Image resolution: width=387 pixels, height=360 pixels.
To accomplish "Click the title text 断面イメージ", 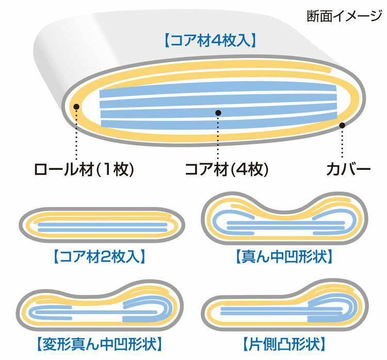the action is pos(344,16).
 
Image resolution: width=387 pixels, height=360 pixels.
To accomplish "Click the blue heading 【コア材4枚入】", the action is pos(210,41).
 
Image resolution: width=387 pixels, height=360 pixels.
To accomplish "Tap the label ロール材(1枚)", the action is pos(84,169).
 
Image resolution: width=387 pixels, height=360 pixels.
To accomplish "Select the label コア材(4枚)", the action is pos(227,169).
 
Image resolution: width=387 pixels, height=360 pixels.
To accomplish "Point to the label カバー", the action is pos(348,169).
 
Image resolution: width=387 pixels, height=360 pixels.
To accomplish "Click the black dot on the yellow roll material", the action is pos(76,106).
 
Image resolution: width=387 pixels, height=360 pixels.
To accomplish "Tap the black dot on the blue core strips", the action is pos(218,113).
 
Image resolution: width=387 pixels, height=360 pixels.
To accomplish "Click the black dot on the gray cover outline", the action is pos(342,126).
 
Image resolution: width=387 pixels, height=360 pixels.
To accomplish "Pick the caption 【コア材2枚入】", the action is pos(99,257).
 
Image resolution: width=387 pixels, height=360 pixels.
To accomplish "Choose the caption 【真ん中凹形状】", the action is pos(284,257).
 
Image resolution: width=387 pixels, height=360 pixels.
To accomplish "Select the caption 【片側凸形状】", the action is pos(284,344).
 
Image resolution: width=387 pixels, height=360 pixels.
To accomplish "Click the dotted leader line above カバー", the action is pos(342,143).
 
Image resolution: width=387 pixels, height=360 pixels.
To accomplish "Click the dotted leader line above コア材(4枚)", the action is pos(218,138).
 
